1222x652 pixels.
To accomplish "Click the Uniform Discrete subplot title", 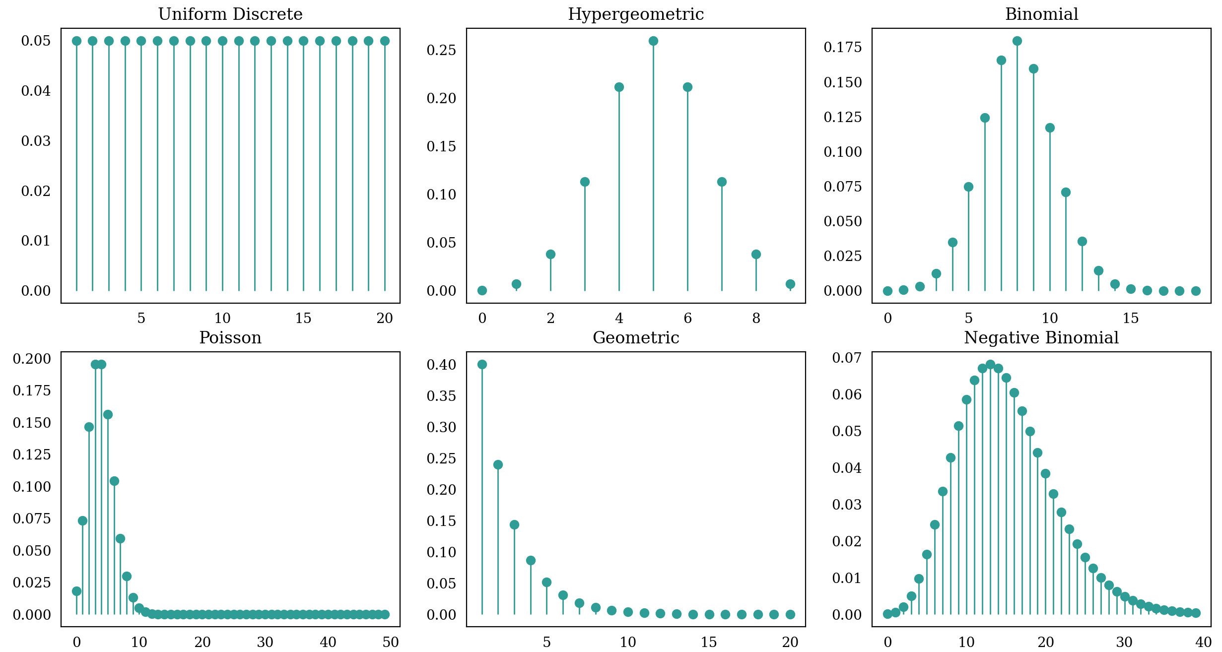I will pos(230,14).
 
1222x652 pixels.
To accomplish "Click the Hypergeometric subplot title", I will pos(635,14).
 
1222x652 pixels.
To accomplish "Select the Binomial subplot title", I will pos(1041,14).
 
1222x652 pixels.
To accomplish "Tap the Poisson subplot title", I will pos(230,338).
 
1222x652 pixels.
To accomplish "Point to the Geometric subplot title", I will pos(635,338).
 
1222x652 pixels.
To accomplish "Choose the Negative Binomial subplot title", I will pos(1041,338).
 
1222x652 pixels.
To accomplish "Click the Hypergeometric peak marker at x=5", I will pos(653,41).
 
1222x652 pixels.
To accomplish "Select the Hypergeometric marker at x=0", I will pos(482,290).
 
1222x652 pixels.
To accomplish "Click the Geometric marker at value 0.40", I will pos(482,364).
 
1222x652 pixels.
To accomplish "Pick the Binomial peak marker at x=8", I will pos(1017,41).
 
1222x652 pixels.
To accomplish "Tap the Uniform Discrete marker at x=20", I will pos(385,41).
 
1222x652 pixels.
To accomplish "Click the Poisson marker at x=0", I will pos(76,591).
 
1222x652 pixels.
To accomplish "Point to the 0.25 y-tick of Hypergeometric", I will pos(441,50).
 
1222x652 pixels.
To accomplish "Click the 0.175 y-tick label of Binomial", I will pos(843,47).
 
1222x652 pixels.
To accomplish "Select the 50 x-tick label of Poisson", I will pos(391,642).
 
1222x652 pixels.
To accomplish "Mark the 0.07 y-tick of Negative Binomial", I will pos(847,358).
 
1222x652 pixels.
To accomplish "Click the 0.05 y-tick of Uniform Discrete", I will pos(36,41).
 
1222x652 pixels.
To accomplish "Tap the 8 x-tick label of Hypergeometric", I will pos(756,319).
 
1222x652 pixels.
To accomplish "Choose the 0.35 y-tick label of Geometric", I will pos(441,396).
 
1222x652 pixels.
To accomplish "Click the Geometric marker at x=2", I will pos(498,464).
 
